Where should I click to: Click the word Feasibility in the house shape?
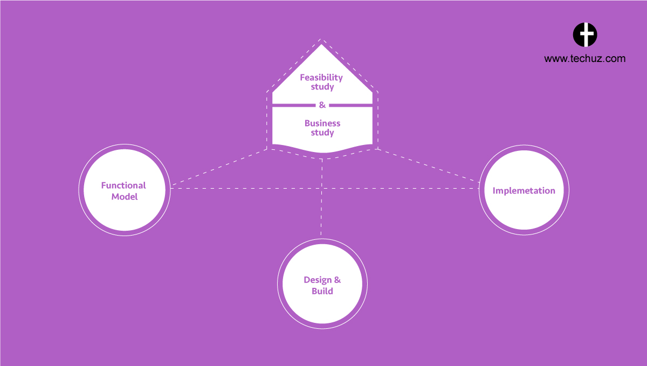coord(321,78)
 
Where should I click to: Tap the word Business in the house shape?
coord(322,123)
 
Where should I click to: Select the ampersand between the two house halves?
coord(322,105)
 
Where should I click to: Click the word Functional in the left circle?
coord(123,185)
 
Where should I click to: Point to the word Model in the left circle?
coord(125,197)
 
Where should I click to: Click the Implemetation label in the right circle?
coord(524,191)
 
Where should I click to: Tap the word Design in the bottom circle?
coord(318,280)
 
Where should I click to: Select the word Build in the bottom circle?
coord(322,291)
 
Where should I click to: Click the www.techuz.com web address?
coord(584,59)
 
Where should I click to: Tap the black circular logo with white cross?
coord(585,34)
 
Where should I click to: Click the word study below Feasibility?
coord(322,87)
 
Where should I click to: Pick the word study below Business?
coord(322,133)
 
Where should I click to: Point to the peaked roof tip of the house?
coord(321,45)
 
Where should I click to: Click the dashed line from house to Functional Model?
coord(219,167)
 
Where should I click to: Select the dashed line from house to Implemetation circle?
coord(429,165)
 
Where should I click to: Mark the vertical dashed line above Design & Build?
coord(321,197)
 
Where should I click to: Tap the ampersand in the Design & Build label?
coord(338,280)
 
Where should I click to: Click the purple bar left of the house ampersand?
coord(294,106)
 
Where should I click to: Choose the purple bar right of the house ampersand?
coord(350,106)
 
